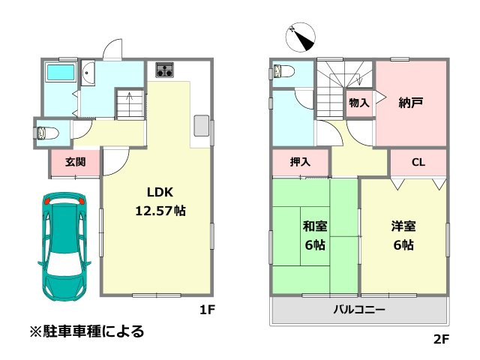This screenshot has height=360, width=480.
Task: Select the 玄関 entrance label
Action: coord(74,162)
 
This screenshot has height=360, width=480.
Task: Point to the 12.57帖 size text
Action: coord(160,211)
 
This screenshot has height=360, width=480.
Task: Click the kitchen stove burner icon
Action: coord(165,71)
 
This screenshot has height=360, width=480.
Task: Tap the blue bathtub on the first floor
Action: coord(60,73)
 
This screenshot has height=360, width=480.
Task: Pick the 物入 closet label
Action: coord(359,103)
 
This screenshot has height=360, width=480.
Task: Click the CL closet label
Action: coord(418,162)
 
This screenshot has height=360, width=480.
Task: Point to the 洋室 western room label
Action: coord(403,226)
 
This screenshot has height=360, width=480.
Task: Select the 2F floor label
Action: coord(440,340)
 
